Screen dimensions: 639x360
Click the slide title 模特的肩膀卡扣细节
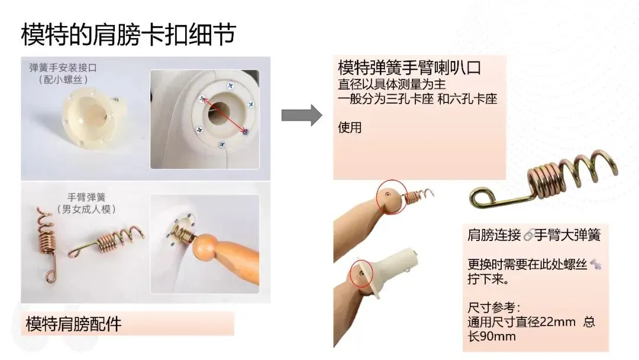tap(128, 34)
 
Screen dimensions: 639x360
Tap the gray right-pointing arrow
tap(302, 115)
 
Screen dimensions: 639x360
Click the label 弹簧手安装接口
tap(63, 67)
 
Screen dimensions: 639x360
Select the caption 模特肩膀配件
tap(73, 324)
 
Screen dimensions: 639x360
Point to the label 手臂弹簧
tap(86, 197)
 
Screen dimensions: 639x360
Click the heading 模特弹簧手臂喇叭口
tap(409, 67)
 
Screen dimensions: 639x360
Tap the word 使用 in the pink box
tap(350, 128)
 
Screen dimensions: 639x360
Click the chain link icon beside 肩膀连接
tap(528, 235)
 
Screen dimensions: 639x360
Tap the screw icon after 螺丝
tap(595, 264)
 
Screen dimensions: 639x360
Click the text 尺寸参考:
tap(493, 307)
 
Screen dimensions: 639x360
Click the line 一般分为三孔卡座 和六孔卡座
tap(417, 99)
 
